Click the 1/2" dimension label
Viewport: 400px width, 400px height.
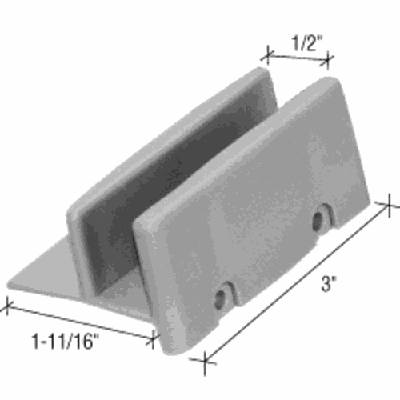[307, 42]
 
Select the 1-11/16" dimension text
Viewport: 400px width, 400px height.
[66, 342]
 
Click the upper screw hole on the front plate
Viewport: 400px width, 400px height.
[318, 222]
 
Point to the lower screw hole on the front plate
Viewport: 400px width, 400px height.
[220, 300]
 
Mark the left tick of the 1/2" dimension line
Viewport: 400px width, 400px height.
[268, 55]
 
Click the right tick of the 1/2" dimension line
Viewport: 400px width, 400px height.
[328, 61]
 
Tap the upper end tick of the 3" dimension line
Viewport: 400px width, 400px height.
[390, 205]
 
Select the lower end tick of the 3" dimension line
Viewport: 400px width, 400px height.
[205, 361]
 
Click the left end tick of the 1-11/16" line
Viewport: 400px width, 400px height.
[7, 306]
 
